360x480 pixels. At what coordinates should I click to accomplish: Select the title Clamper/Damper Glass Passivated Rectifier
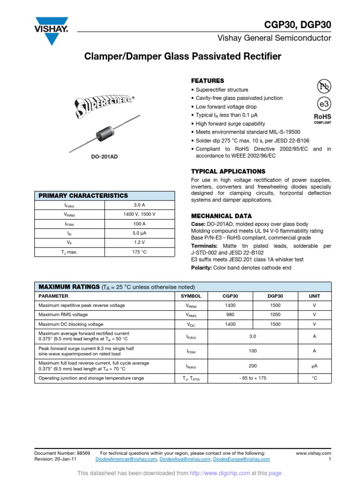click(182, 57)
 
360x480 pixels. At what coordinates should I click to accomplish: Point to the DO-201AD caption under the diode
click(104, 156)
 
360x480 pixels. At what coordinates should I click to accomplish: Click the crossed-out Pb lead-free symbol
click(324, 86)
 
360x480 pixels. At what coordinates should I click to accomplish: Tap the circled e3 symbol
click(324, 104)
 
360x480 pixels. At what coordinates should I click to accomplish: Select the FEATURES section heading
click(207, 81)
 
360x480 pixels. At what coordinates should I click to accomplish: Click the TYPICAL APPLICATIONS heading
click(228, 171)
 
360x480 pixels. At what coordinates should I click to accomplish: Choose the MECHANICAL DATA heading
click(221, 216)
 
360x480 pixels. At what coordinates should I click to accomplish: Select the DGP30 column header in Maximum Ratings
click(275, 296)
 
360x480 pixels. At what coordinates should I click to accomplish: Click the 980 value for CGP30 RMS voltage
click(230, 315)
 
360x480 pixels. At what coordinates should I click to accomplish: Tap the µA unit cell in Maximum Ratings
click(314, 366)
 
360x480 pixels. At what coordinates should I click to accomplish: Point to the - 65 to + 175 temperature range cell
click(253, 378)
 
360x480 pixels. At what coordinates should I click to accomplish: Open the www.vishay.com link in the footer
click(314, 453)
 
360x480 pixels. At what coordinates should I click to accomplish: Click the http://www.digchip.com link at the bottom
click(220, 473)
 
